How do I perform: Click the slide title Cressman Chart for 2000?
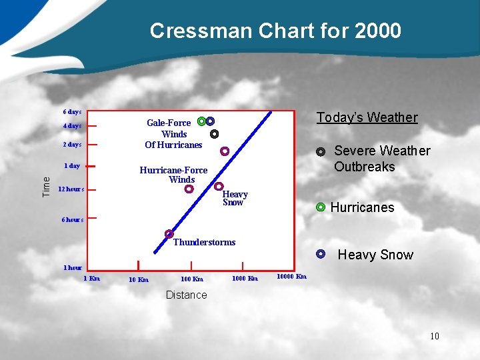(275, 31)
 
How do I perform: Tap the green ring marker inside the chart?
(201, 121)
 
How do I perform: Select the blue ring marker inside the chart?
(210, 121)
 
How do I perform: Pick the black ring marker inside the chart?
(214, 134)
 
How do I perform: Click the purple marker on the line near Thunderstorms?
(169, 234)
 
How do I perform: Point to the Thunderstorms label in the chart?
(204, 243)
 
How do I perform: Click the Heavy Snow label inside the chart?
(235, 199)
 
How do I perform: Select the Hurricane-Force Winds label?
(173, 175)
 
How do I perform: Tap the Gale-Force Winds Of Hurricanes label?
(173, 134)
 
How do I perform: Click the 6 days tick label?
(72, 112)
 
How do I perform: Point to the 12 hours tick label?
(71, 189)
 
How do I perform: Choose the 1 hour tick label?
(73, 268)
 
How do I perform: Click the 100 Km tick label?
(192, 279)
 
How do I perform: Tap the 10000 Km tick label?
(292, 277)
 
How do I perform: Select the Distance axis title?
(186, 295)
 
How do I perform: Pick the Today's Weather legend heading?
(367, 118)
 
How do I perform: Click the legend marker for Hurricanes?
(321, 207)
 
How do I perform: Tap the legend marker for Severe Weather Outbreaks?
(321, 151)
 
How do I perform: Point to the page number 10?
(434, 336)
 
